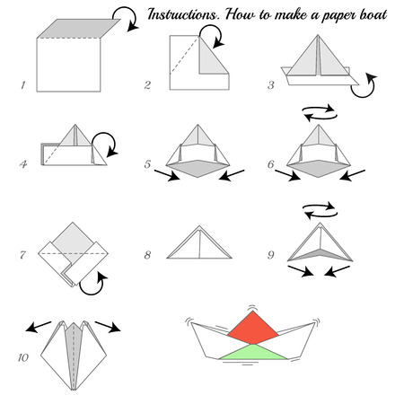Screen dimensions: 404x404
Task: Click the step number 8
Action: tap(147, 255)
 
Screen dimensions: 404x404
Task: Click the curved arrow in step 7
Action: tap(89, 284)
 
